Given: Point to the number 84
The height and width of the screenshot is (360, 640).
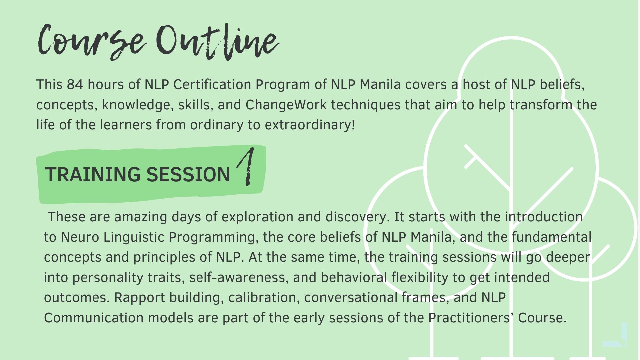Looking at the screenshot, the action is tap(75, 85).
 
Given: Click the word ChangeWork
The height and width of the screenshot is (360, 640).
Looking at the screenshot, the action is tap(286, 105).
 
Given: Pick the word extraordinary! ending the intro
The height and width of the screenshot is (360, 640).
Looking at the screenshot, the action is tap(310, 125).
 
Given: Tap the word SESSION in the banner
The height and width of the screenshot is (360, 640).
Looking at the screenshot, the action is tap(188, 174).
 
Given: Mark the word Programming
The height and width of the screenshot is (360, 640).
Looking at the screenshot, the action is tap(213, 237).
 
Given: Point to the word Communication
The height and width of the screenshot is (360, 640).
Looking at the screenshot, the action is tap(94, 318).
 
